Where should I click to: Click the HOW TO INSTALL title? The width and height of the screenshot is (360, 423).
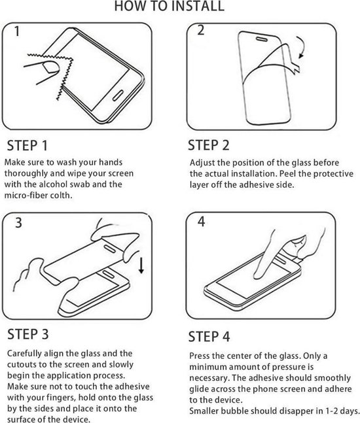tap(169, 7)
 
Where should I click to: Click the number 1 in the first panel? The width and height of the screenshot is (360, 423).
tap(16, 31)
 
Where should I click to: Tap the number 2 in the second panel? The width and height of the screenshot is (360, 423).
tap(200, 30)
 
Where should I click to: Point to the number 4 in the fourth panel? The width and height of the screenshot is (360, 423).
tap(202, 221)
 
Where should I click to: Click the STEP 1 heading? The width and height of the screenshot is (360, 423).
tap(27, 145)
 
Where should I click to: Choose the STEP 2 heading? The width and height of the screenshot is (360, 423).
tap(209, 144)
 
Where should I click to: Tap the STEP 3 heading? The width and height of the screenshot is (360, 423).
tap(27, 335)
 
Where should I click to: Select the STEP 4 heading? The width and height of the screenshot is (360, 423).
tap(209, 337)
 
